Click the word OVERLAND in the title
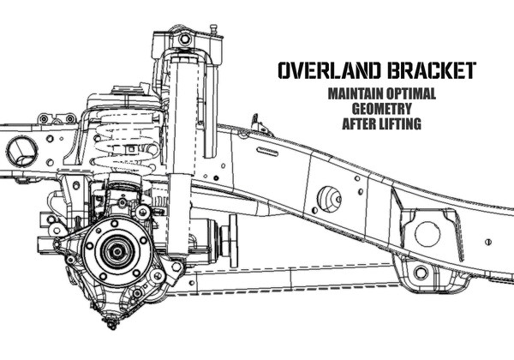coord(330,70)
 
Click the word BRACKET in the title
coord(431,70)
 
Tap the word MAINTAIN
coord(356,93)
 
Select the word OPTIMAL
coord(410,93)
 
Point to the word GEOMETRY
coord(382,109)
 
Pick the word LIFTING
coord(400,124)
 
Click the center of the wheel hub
coord(117,252)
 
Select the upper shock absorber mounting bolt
coord(184,39)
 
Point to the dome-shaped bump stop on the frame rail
coord(329,199)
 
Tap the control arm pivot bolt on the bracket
coord(421,273)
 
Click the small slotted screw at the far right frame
coord(488,242)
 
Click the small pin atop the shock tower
coord(213,29)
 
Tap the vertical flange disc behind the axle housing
coord(233,241)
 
